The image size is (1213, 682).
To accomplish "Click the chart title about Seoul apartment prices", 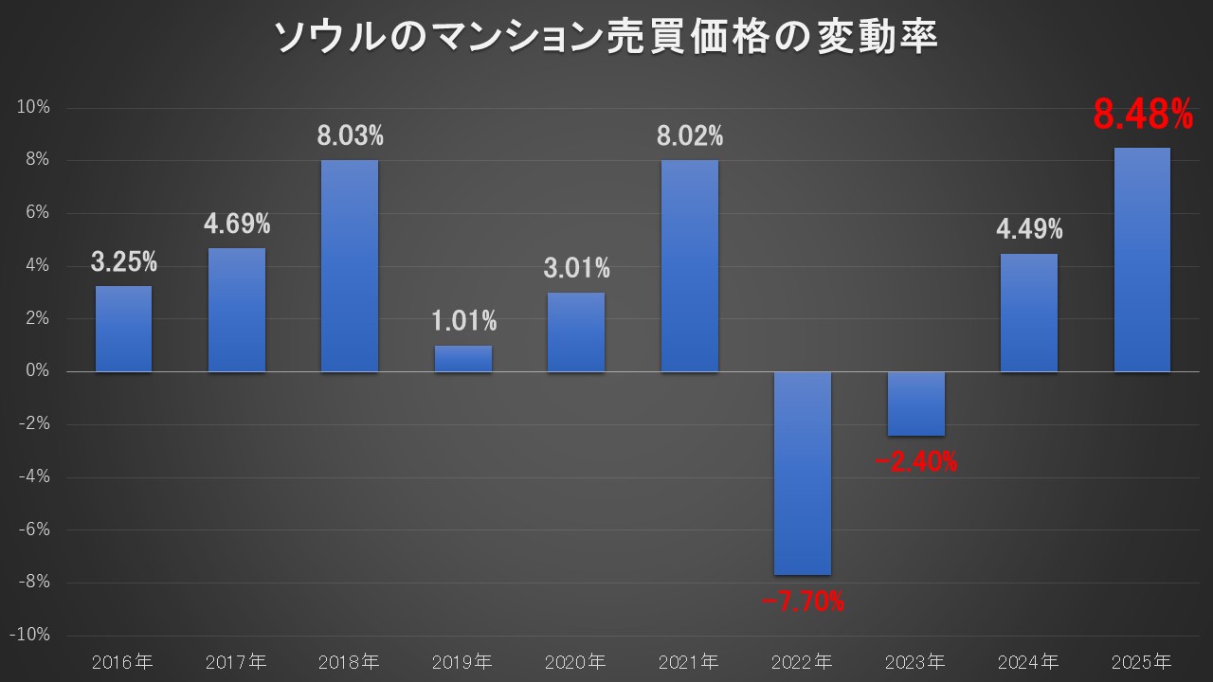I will (x=606, y=39).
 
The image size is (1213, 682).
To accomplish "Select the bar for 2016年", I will (x=123, y=329).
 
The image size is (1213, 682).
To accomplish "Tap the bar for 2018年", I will (x=349, y=266).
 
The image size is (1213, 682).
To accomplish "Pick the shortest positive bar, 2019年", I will (x=462, y=359).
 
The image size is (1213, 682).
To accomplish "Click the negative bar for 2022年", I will (x=803, y=473).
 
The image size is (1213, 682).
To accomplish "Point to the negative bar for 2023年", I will (x=915, y=404).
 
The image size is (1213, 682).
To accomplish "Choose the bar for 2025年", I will (x=1142, y=260).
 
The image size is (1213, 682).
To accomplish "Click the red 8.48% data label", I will (x=1142, y=116).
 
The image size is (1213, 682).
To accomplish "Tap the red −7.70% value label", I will (x=803, y=601).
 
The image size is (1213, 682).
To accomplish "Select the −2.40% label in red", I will (x=915, y=462).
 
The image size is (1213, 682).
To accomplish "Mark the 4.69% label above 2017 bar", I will (x=237, y=224).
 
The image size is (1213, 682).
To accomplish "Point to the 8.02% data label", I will (x=690, y=136).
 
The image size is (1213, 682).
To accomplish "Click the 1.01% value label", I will (x=463, y=321).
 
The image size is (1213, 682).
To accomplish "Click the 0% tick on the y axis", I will (x=39, y=371).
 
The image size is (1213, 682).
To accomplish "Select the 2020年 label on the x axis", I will (x=576, y=660).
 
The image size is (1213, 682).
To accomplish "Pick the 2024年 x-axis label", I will (x=1029, y=660).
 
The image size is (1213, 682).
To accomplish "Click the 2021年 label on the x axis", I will (x=689, y=660).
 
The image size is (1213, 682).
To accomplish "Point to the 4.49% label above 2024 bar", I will (x=1029, y=229).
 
